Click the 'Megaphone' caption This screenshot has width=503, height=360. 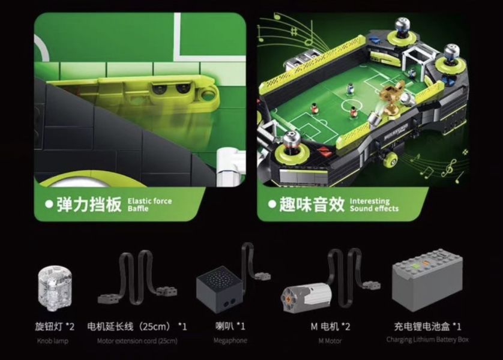pos(230,341)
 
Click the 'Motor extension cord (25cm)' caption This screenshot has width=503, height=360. pos(137,341)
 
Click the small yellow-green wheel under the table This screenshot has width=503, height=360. pos(394,158)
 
